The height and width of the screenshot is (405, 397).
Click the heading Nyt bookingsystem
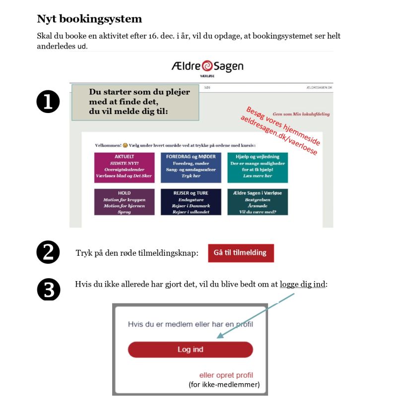point(89,19)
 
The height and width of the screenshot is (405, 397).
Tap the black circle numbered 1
point(48,102)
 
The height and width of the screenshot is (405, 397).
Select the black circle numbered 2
point(48,252)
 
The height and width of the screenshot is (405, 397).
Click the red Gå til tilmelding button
point(240,253)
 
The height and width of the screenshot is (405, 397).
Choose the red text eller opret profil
point(226,375)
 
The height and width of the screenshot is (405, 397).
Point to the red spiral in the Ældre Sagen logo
point(206,66)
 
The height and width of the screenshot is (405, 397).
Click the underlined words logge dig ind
point(303,285)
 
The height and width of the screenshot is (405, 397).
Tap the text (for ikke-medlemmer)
point(224,384)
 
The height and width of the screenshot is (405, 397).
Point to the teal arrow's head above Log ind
point(219,337)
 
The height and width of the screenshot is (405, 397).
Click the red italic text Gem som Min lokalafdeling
point(301,114)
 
